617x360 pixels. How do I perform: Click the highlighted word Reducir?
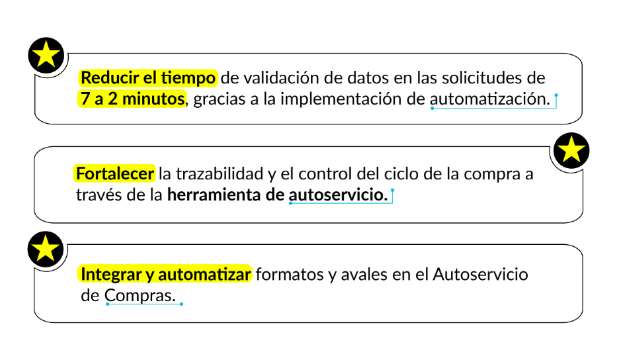pyautogui.click(x=105, y=78)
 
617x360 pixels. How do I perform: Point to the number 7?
pyautogui.click(x=83, y=99)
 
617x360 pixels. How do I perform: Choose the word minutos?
pyautogui.click(x=155, y=99)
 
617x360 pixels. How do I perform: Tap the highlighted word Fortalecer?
pyautogui.click(x=114, y=173)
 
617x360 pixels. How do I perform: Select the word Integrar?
pyautogui.click(x=108, y=274)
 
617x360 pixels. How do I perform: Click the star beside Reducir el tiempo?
pyautogui.click(x=46, y=55)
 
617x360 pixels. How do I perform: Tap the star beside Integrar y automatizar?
pyautogui.click(x=46, y=249)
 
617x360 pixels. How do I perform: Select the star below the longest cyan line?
pyautogui.click(x=571, y=150)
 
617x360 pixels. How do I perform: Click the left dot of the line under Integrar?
pyautogui.click(x=107, y=304)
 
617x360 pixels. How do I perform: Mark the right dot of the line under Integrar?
pyautogui.click(x=181, y=304)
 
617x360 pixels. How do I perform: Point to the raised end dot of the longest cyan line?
pyautogui.click(x=556, y=95)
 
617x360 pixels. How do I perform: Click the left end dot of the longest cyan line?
pyautogui.click(x=432, y=108)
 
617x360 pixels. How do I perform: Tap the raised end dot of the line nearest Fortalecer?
pyautogui.click(x=393, y=190)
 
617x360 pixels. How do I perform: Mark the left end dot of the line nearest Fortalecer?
pyautogui.click(x=290, y=203)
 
